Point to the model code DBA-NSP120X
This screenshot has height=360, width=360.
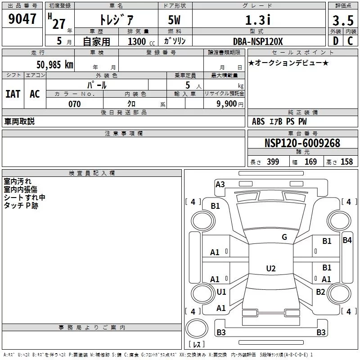258,41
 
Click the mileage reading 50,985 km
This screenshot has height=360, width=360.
55,65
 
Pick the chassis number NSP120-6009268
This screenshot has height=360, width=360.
302,143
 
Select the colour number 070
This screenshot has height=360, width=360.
75,104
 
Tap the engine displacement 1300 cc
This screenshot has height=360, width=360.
139,41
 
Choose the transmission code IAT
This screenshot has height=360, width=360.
13,94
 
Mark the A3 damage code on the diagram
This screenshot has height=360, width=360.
220,184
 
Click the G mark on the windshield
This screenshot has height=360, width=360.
284,237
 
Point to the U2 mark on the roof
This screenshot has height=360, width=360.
271,269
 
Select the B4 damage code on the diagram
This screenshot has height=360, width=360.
347,240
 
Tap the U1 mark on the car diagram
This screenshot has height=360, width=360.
221,292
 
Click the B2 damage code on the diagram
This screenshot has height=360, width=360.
320,292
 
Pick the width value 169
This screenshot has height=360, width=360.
311,162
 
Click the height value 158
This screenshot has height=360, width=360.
346,162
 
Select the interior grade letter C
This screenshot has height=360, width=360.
350,41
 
